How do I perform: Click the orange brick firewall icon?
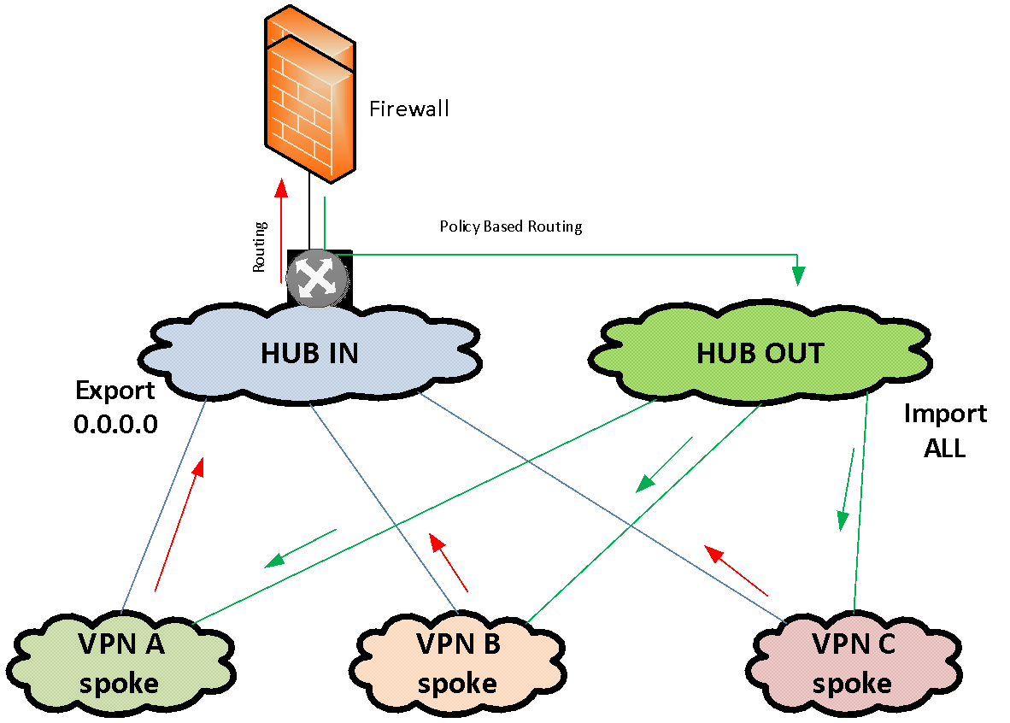pos(309,94)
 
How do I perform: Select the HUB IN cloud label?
pos(309,353)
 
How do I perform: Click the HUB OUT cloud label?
pos(760,353)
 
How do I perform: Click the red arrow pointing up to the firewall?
pos(280,231)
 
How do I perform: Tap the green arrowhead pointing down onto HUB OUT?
pos(798,275)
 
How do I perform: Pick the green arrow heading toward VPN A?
pos(300,548)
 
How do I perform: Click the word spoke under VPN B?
pos(457,684)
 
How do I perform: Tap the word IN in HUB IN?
pos(343,353)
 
